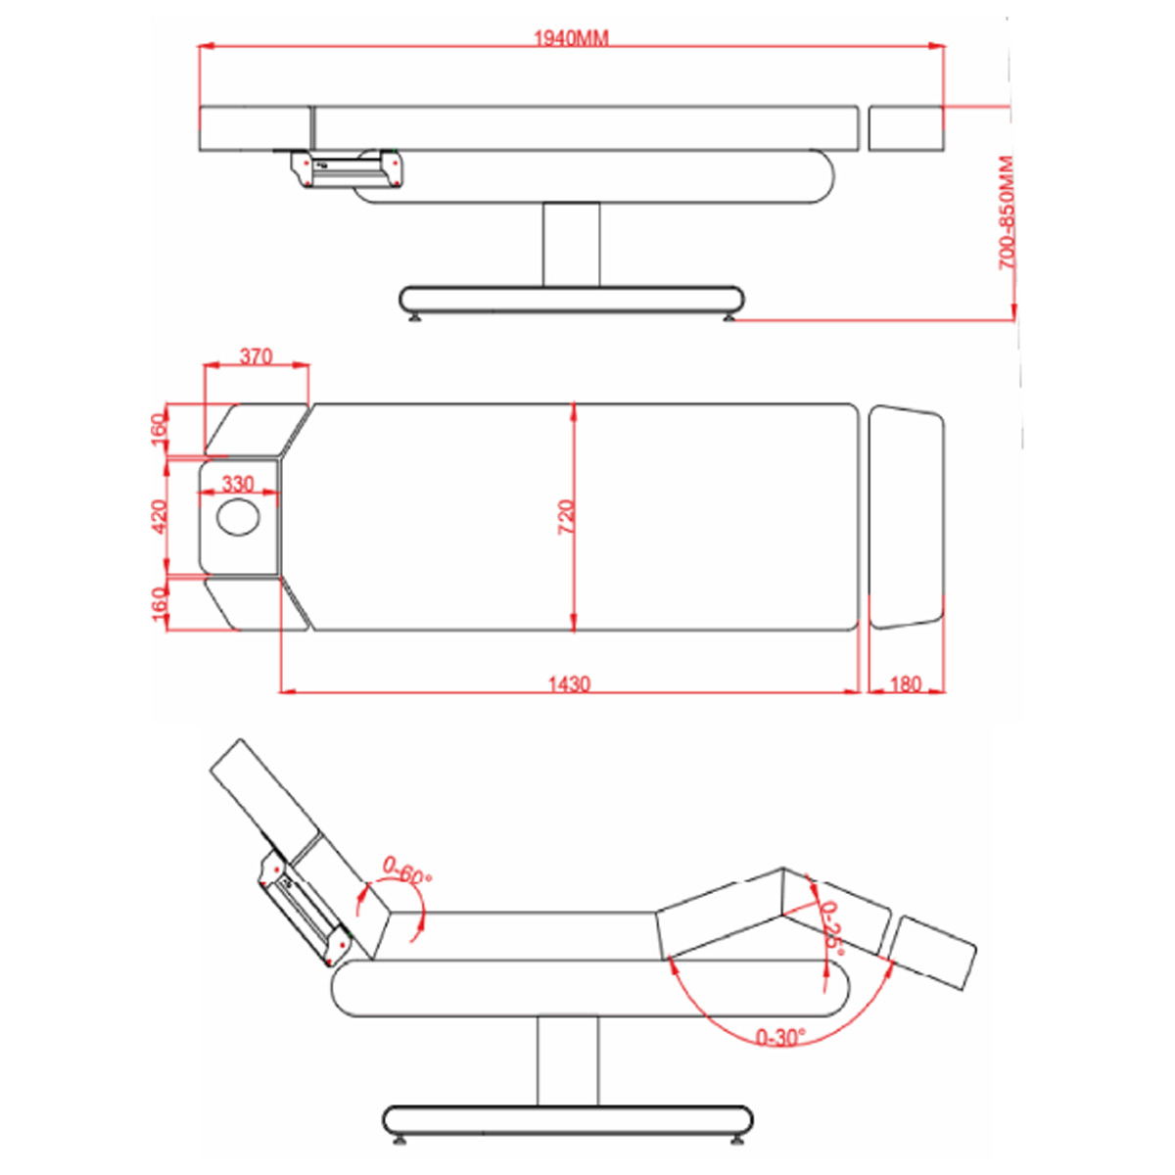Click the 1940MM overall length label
tap(571, 38)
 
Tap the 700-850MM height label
tap(1007, 212)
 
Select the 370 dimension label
tap(256, 356)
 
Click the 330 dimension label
tap(238, 484)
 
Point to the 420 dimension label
tap(159, 516)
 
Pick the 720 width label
tap(566, 517)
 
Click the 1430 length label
tap(569, 684)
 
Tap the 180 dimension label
tap(906, 684)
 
